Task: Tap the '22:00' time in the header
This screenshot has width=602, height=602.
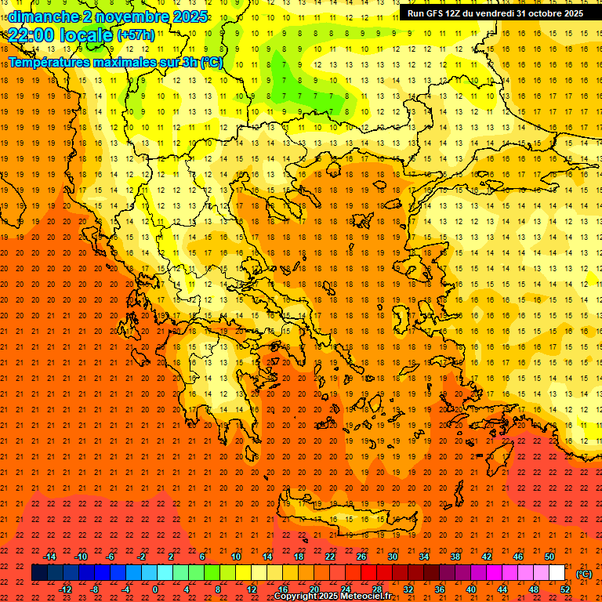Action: point(33,35)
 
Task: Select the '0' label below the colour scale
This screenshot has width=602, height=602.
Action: point(155,589)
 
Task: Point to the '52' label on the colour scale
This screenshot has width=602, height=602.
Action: point(565,589)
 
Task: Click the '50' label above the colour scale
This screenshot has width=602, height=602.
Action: point(549,557)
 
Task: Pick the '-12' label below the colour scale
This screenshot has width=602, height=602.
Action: point(65,589)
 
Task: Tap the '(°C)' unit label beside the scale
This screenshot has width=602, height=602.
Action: point(584,574)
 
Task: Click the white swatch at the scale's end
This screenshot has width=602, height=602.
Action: point(557,573)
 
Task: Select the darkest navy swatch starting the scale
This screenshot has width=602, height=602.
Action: point(39,573)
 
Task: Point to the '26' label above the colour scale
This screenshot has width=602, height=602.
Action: point(361,557)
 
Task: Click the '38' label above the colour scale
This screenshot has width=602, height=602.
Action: point(455,557)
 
